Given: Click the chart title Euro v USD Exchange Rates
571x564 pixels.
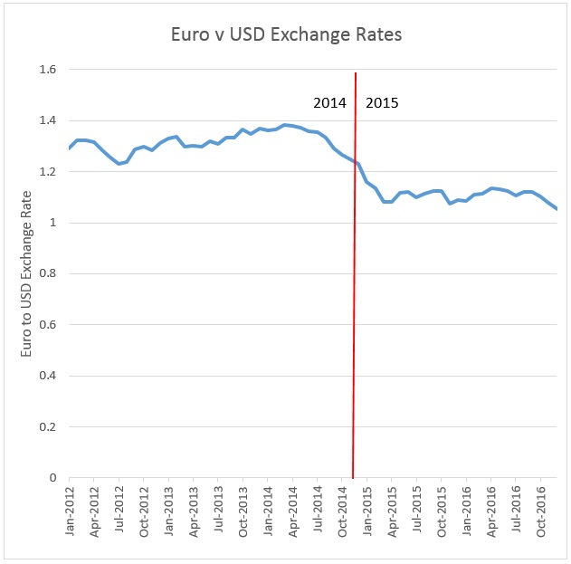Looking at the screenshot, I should coord(286,35).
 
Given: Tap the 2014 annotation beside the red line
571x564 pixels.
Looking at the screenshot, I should coord(329,103).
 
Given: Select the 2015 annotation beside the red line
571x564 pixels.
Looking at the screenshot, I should coord(381,103).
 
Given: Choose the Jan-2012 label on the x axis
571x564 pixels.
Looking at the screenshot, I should coord(71,513).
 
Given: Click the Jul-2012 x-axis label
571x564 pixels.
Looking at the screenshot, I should coord(119,513).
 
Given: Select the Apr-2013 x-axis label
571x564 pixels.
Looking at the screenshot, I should coord(194,513).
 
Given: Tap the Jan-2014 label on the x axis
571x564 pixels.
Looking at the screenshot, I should coord(268,513).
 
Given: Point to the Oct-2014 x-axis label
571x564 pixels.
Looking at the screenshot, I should coord(342,513).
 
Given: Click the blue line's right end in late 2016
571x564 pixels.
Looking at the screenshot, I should coord(557,209).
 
